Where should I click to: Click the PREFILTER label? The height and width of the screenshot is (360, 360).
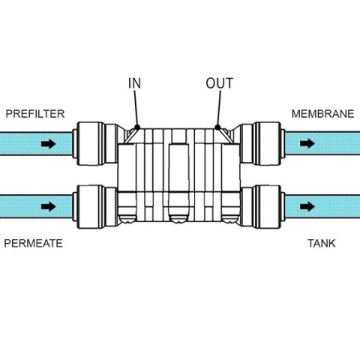click(35, 114)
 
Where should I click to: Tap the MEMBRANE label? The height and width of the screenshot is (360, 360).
click(322, 114)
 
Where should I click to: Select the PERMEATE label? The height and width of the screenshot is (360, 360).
click(33, 244)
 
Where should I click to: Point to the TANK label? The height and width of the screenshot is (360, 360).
click(322, 244)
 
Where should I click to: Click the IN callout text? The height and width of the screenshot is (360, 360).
click(134, 83)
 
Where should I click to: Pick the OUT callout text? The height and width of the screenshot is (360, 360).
click(220, 83)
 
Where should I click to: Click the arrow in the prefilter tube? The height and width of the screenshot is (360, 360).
click(49, 144)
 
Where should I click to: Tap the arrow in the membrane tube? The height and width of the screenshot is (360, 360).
click(307, 143)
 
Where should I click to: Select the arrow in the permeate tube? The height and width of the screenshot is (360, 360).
click(49, 206)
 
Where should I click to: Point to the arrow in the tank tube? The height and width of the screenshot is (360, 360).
click(307, 206)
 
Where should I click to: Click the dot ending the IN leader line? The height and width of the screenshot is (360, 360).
click(137, 127)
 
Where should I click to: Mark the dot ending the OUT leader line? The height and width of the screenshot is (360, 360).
click(217, 127)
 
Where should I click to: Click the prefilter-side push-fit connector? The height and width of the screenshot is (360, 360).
click(95, 143)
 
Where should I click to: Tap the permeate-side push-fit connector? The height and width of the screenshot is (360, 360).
click(95, 206)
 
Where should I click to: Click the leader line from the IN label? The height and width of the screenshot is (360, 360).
click(136, 108)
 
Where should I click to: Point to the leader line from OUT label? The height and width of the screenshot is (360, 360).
click(219, 108)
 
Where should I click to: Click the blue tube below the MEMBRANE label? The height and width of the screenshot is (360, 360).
click(322, 143)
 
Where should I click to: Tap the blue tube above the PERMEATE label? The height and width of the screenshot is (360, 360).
click(36, 206)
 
